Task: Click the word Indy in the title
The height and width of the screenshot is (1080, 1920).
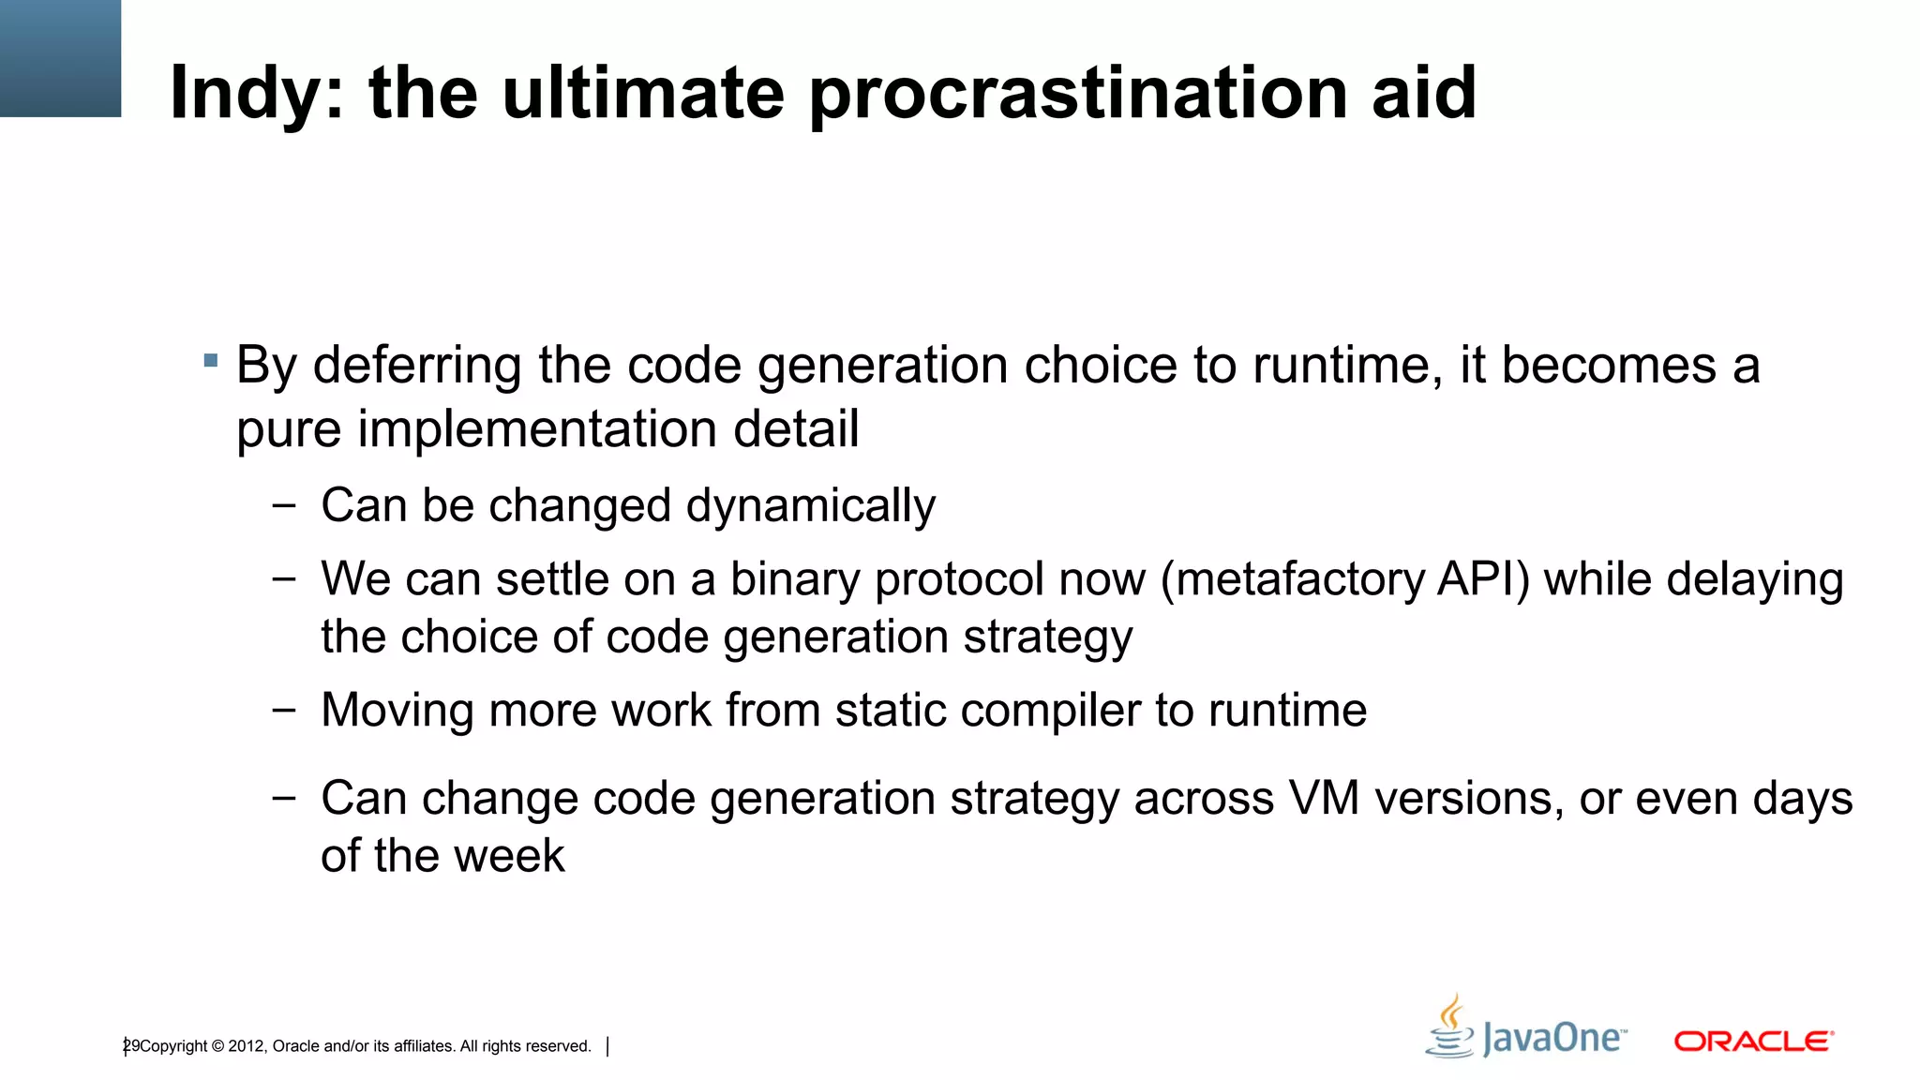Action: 248,94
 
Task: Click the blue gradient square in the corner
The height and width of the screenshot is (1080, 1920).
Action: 60,58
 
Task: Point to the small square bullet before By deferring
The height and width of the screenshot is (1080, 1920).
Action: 211,360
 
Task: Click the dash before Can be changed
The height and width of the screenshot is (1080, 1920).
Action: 283,506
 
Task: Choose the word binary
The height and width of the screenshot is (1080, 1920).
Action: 795,579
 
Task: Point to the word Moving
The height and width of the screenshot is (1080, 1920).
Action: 397,711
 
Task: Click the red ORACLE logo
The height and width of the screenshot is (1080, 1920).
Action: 1753,1042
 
